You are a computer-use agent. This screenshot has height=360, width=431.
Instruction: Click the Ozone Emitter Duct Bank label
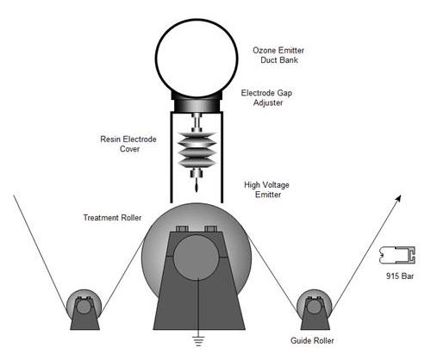[x=278, y=55]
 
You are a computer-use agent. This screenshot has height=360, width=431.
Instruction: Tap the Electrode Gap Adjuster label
[x=266, y=97]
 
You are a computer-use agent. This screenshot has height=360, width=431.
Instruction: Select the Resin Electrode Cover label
[x=128, y=144]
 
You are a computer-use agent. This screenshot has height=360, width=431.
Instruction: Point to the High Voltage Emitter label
[x=267, y=189]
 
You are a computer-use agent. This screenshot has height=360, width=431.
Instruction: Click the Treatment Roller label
[x=112, y=218]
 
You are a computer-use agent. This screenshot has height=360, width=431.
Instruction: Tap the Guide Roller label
[x=312, y=341]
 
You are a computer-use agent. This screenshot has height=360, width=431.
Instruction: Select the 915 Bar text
[x=400, y=276]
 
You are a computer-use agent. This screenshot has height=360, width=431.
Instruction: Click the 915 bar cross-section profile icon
[x=397, y=255]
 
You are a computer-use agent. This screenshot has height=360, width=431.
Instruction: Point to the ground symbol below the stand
[x=198, y=342]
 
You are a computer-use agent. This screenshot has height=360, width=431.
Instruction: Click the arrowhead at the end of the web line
[x=398, y=198]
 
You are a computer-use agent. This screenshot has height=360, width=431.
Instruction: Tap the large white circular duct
[x=197, y=58]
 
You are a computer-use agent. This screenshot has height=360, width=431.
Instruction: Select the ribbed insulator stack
[x=197, y=150]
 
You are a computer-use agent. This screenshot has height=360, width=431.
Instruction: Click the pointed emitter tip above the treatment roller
[x=197, y=188]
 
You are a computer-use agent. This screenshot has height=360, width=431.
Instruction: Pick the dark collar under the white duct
[x=197, y=102]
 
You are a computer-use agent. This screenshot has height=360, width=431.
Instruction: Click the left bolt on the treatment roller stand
[x=182, y=229]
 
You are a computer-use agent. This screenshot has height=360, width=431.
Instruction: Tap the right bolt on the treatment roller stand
[x=210, y=229]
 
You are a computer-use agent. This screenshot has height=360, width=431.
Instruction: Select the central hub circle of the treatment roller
[x=197, y=258]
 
